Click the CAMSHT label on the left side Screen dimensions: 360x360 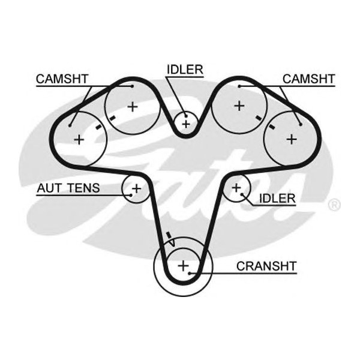pos(62,79)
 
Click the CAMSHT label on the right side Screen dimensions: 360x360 pos(309,79)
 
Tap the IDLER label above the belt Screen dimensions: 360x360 pos(185,69)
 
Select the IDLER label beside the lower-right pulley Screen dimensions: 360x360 pos(277,198)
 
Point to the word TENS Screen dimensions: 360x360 pos(83,188)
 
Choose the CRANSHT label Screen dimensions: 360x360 pos(266,265)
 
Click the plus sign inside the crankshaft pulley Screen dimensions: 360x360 pos(183,265)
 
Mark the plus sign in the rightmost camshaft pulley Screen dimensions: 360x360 pos(292,139)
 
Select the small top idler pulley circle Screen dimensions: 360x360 pos(186,124)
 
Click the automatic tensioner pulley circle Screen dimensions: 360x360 pos(135,189)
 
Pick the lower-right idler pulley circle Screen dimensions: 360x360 pos(236,189)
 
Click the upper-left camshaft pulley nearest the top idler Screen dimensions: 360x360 pos(133,107)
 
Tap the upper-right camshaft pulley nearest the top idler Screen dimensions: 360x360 pos(239,106)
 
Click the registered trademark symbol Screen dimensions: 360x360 pos(335,205)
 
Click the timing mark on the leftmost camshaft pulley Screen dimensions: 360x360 pos(98,128)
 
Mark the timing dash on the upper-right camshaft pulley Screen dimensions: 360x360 pos(258,118)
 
